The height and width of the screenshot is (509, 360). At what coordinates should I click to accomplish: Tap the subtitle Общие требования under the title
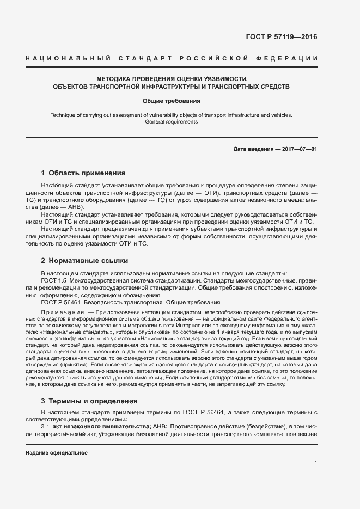point(172,101)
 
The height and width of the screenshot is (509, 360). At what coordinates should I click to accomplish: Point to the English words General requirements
point(172,122)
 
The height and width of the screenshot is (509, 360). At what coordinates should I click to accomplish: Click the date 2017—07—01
point(299,149)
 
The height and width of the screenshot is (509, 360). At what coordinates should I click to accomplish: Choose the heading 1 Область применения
point(83,173)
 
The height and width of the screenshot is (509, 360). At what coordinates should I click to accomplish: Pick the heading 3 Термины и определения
point(89,401)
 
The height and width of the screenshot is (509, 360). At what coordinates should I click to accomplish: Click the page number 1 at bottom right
point(316,463)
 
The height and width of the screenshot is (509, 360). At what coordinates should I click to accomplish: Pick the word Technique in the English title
point(64,115)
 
